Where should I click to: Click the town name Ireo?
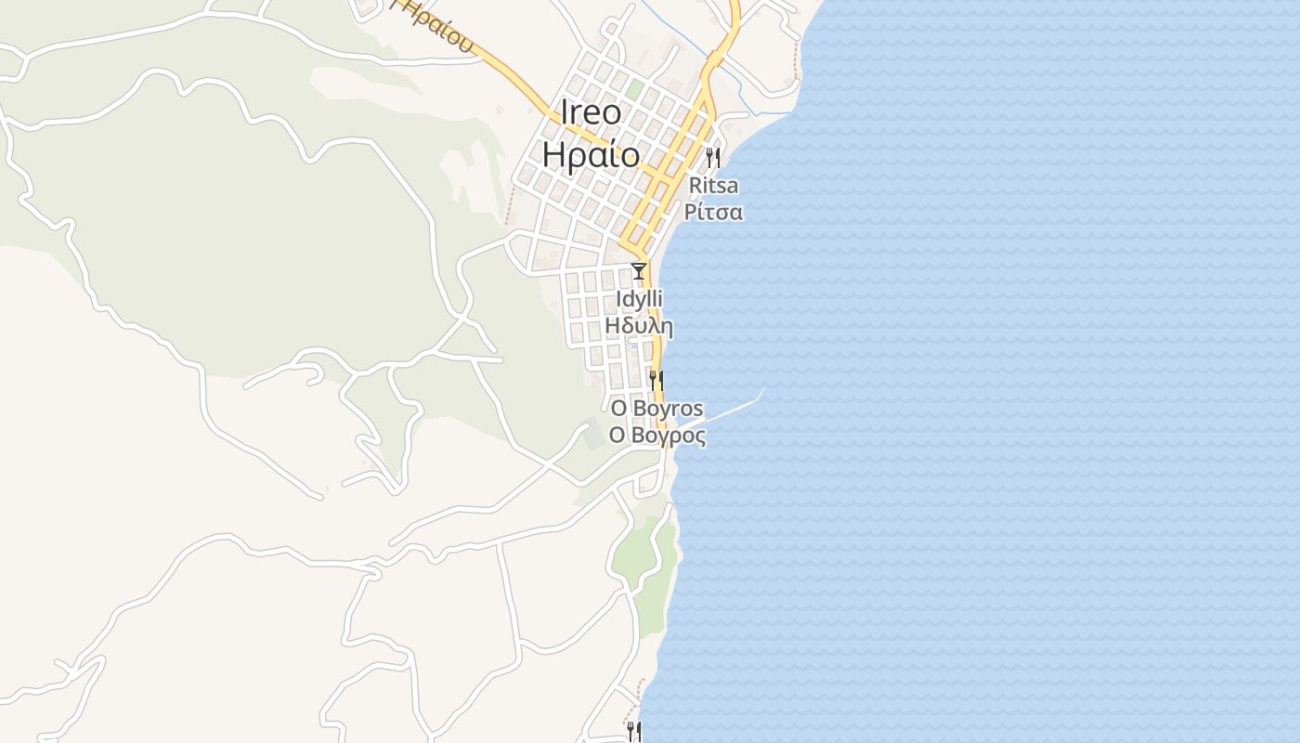tap(591, 112)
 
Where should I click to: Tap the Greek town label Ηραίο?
tap(591, 154)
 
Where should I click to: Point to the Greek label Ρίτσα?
tap(713, 212)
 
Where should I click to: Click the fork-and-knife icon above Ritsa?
tap(712, 157)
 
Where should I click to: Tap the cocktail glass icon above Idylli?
tap(639, 271)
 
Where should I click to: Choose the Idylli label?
tap(639, 300)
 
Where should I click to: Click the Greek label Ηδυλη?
tap(639, 326)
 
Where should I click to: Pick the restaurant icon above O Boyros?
tap(656, 380)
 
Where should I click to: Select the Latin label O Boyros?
tap(656, 409)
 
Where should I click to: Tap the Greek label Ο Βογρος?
tap(656, 436)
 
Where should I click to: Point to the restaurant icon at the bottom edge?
tap(633, 731)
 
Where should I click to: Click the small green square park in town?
tap(634, 90)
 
